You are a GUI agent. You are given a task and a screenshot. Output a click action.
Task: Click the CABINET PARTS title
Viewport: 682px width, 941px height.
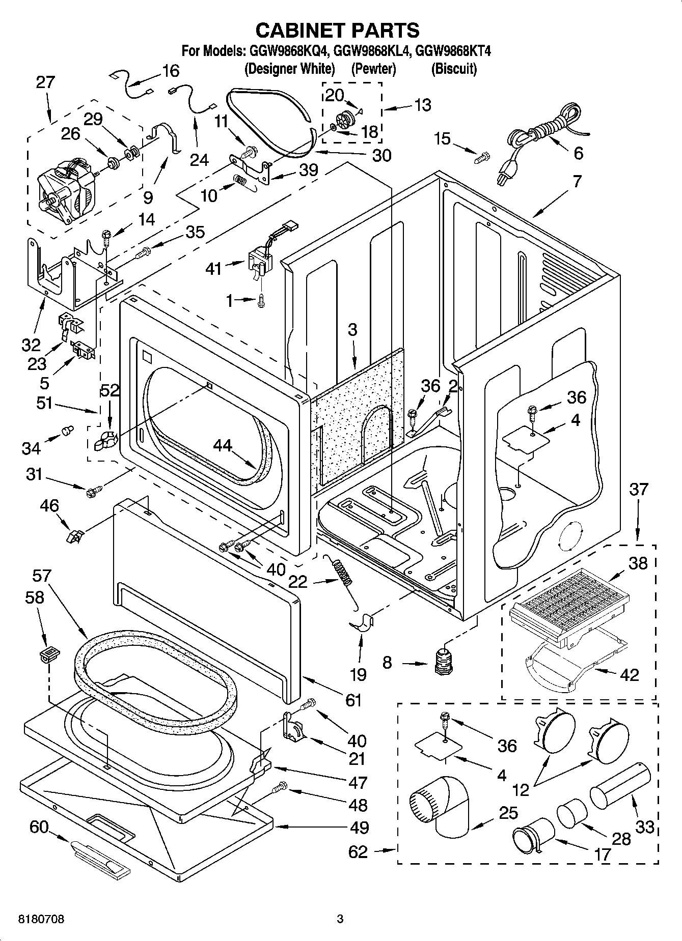pyautogui.click(x=337, y=30)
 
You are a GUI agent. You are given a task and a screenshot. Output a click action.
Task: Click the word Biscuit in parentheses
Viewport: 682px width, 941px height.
pyautogui.click(x=453, y=69)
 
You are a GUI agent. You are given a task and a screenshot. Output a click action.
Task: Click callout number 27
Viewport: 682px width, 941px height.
pyautogui.click(x=45, y=82)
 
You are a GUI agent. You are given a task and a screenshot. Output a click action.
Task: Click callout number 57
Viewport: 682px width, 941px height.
pyautogui.click(x=41, y=576)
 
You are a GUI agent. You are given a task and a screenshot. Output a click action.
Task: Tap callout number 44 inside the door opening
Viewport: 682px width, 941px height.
pyautogui.click(x=222, y=446)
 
